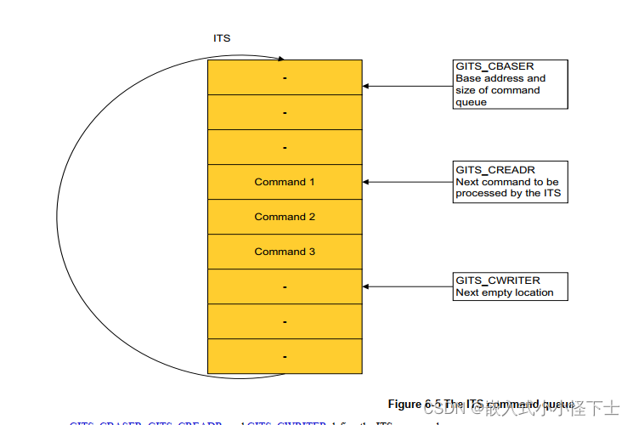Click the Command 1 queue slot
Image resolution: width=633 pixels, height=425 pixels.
tap(285, 182)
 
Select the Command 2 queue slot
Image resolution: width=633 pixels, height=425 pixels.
tap(285, 217)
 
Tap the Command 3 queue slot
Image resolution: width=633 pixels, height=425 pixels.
tap(285, 252)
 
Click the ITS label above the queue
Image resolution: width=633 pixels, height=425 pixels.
tap(222, 38)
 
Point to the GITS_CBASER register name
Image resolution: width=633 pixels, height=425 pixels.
tap(495, 66)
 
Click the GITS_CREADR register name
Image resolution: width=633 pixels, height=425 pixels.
tap(495, 170)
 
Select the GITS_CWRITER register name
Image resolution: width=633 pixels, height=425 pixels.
tap(498, 280)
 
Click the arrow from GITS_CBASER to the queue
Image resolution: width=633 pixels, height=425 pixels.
tap(408, 86)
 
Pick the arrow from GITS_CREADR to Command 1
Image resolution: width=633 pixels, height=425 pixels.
tap(408, 182)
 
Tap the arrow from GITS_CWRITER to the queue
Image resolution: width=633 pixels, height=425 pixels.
tap(408, 286)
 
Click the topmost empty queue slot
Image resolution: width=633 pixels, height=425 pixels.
tap(285, 77)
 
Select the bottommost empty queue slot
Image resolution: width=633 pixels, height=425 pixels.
tap(285, 356)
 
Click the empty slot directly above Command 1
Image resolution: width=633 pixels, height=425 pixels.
tap(285, 147)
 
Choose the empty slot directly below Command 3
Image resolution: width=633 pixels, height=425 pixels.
tap(285, 286)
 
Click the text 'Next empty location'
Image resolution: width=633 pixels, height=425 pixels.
tap(504, 292)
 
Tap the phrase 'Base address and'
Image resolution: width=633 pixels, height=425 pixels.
tap(500, 78)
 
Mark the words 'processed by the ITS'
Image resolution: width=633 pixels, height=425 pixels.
tap(508, 193)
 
